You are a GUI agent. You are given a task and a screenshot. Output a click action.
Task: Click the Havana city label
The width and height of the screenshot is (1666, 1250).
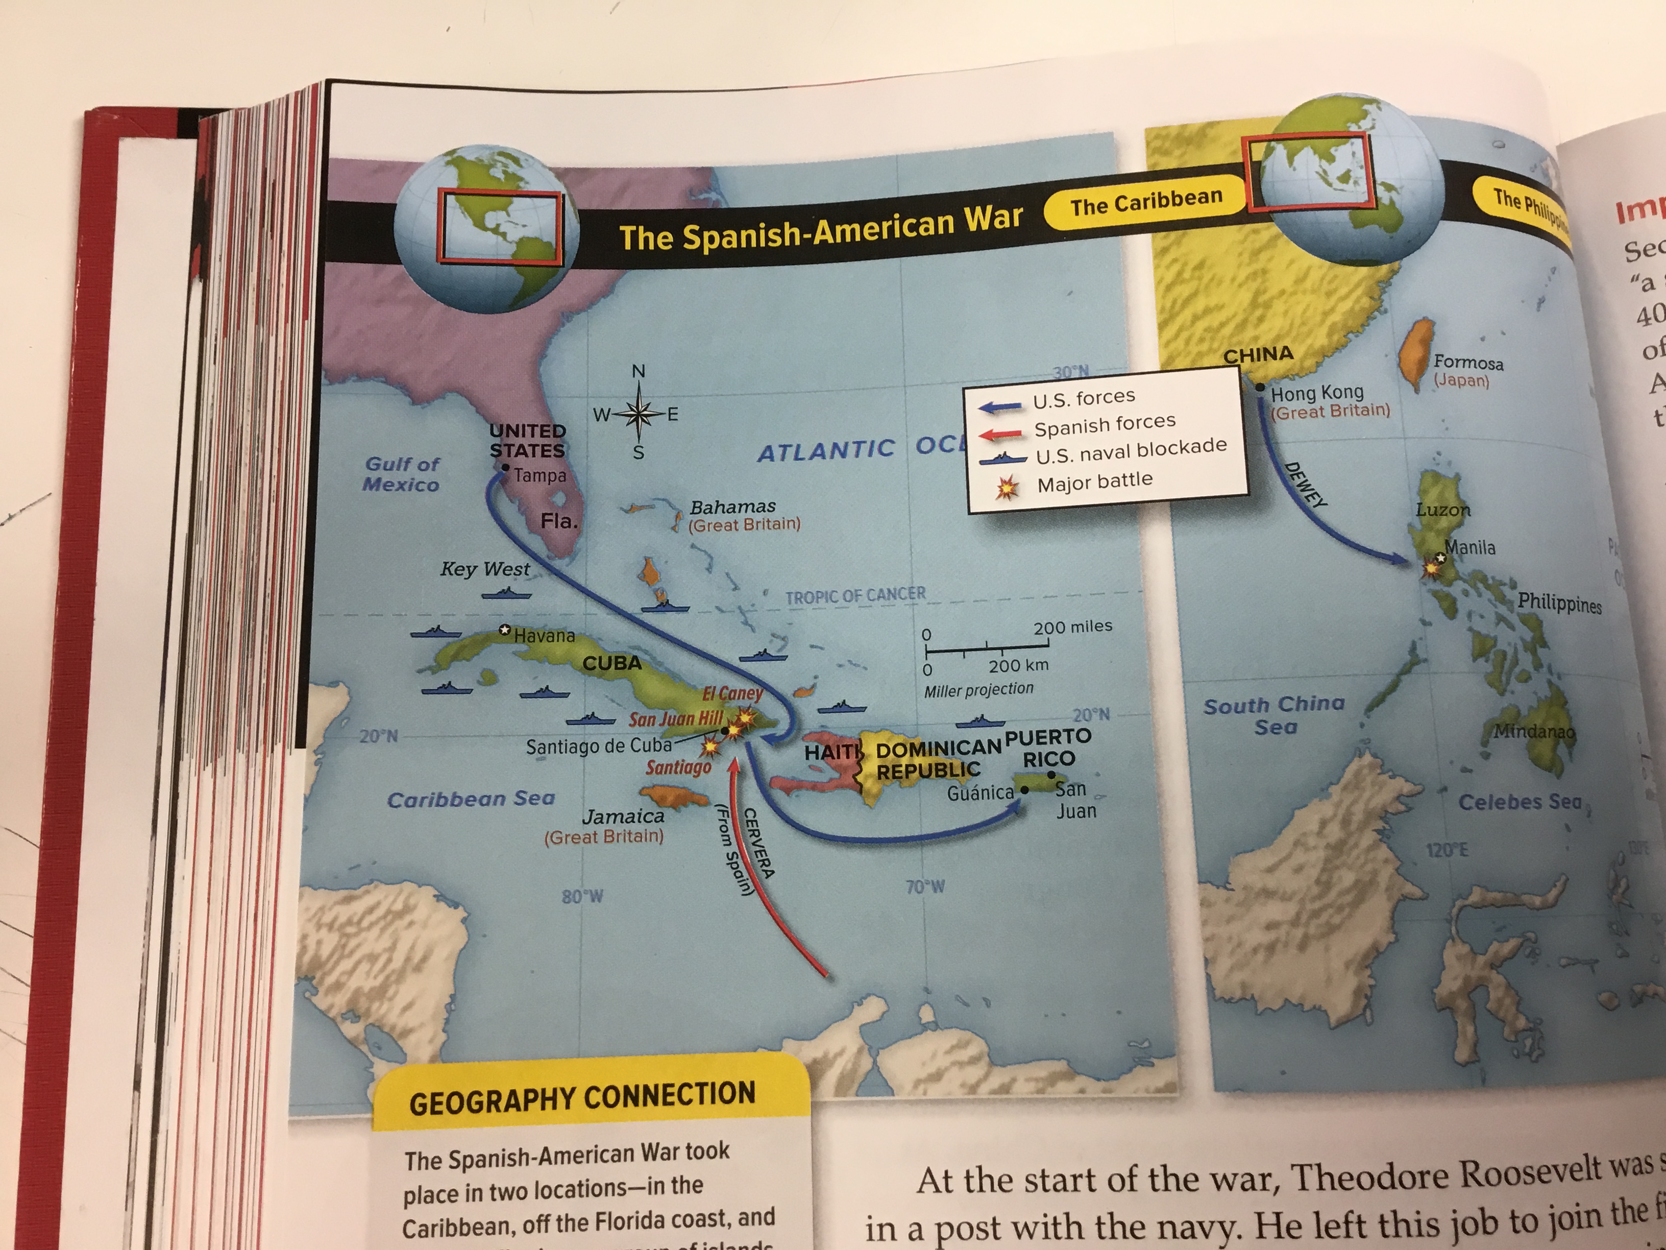point(544,636)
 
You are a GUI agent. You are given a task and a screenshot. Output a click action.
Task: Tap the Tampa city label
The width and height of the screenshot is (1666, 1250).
point(540,475)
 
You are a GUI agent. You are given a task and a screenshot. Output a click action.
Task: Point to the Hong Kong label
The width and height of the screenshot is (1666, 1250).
point(1316,393)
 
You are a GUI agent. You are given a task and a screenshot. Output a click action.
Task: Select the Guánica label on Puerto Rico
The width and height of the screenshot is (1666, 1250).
point(980,792)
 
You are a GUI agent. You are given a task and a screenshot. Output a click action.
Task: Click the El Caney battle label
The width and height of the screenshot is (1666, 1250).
point(732,693)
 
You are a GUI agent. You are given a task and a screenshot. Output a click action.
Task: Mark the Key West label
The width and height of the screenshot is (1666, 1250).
point(485,569)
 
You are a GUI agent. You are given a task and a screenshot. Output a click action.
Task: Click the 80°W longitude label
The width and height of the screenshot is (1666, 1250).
point(582,897)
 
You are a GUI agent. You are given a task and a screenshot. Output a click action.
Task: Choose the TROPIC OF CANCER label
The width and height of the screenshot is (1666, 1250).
point(855,595)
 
